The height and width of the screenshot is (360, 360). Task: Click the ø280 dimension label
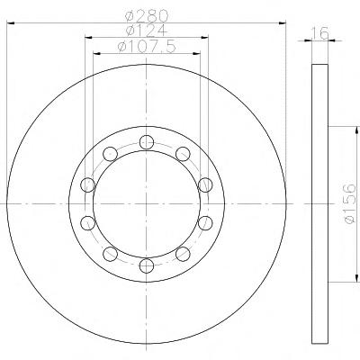click(146, 15)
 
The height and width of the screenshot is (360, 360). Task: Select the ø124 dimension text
click(146, 31)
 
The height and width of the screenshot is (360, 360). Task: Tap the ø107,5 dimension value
click(146, 47)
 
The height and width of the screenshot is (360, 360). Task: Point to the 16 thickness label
click(320, 33)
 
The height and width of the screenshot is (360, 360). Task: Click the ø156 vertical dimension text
click(350, 203)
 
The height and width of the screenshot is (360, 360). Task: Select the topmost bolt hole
click(147, 142)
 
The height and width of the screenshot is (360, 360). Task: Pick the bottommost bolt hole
click(147, 265)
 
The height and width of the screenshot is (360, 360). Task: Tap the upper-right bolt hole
click(183, 154)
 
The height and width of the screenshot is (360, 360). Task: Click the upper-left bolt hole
click(110, 154)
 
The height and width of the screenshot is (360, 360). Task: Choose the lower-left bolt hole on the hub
click(110, 254)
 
